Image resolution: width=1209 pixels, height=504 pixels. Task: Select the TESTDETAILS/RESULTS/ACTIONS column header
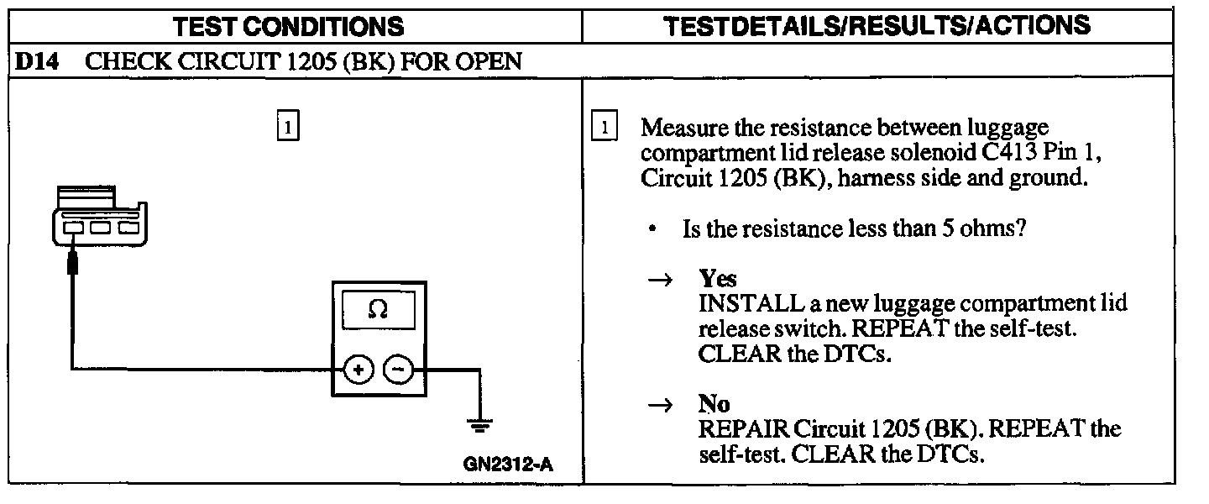pos(877,25)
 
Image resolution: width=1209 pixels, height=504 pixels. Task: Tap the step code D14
pos(36,61)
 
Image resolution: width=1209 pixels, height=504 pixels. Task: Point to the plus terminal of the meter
pos(358,369)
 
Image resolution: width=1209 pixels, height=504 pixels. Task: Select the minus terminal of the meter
pos(398,369)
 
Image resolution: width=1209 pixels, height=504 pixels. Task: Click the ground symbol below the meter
pos(480,425)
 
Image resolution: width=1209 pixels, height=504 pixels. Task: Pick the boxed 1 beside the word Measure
pos(604,129)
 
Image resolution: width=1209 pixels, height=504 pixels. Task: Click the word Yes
pos(718,279)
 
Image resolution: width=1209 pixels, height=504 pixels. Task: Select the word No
pos(714,406)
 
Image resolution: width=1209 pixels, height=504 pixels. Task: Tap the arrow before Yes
pos(660,280)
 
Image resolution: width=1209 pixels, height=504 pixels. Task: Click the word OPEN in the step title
pos(491,61)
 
